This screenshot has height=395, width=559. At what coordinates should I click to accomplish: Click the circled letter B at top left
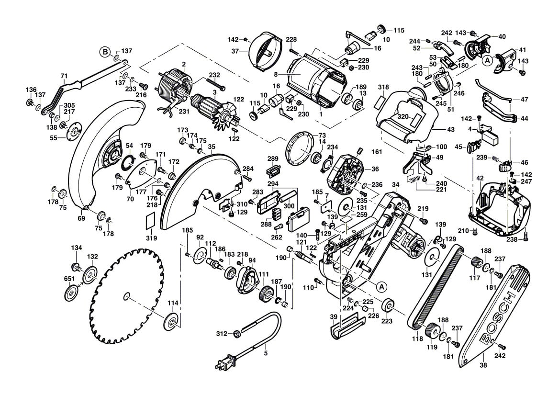(105, 51)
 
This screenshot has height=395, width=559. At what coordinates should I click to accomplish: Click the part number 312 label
(222, 334)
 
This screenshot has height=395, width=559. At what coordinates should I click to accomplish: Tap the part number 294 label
(273, 183)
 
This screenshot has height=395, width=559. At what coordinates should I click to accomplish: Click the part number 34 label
(395, 185)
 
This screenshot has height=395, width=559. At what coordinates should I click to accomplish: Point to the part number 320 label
(402, 116)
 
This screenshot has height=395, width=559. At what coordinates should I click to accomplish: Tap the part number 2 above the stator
(183, 64)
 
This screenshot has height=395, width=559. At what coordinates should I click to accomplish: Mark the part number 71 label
(64, 76)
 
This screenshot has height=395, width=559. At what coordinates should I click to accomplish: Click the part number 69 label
(81, 218)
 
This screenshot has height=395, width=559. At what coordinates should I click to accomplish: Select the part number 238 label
(512, 239)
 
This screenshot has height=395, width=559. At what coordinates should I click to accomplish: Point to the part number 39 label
(334, 317)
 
